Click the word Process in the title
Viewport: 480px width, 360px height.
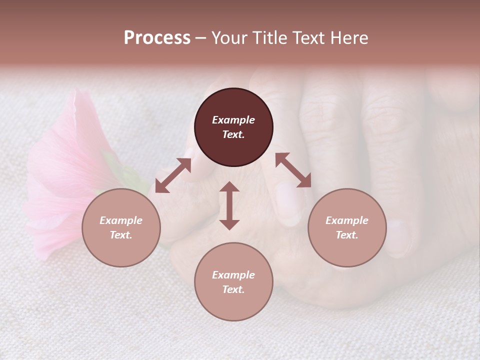(157, 38)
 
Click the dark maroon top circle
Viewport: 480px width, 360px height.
(233, 127)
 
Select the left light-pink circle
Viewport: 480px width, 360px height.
(121, 227)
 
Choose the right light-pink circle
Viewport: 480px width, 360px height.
(347, 227)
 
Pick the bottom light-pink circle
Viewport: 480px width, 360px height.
(233, 281)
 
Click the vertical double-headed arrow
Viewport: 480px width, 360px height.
(229, 205)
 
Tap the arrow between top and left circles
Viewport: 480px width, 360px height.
(173, 175)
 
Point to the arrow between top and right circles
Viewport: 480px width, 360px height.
(293, 170)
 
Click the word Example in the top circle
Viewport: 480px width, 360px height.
(233, 120)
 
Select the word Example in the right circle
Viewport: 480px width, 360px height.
(347, 220)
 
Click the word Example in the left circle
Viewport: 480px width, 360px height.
(121, 220)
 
